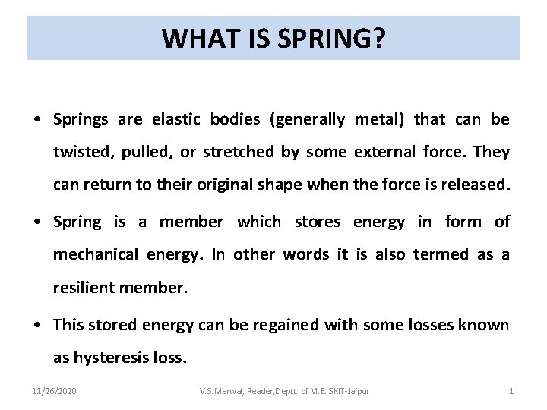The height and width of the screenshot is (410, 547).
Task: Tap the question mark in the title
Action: click(x=378, y=37)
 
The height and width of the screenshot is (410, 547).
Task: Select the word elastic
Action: click(x=174, y=119)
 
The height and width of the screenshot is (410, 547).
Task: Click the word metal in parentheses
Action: click(x=375, y=119)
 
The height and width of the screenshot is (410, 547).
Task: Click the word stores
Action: click(x=318, y=222)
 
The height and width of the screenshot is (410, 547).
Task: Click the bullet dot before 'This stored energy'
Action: click(x=37, y=326)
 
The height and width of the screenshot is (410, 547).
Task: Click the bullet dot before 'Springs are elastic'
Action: click(x=37, y=120)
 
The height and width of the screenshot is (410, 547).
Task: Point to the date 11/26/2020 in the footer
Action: click(x=54, y=391)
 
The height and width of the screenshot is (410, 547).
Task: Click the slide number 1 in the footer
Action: click(x=511, y=391)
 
